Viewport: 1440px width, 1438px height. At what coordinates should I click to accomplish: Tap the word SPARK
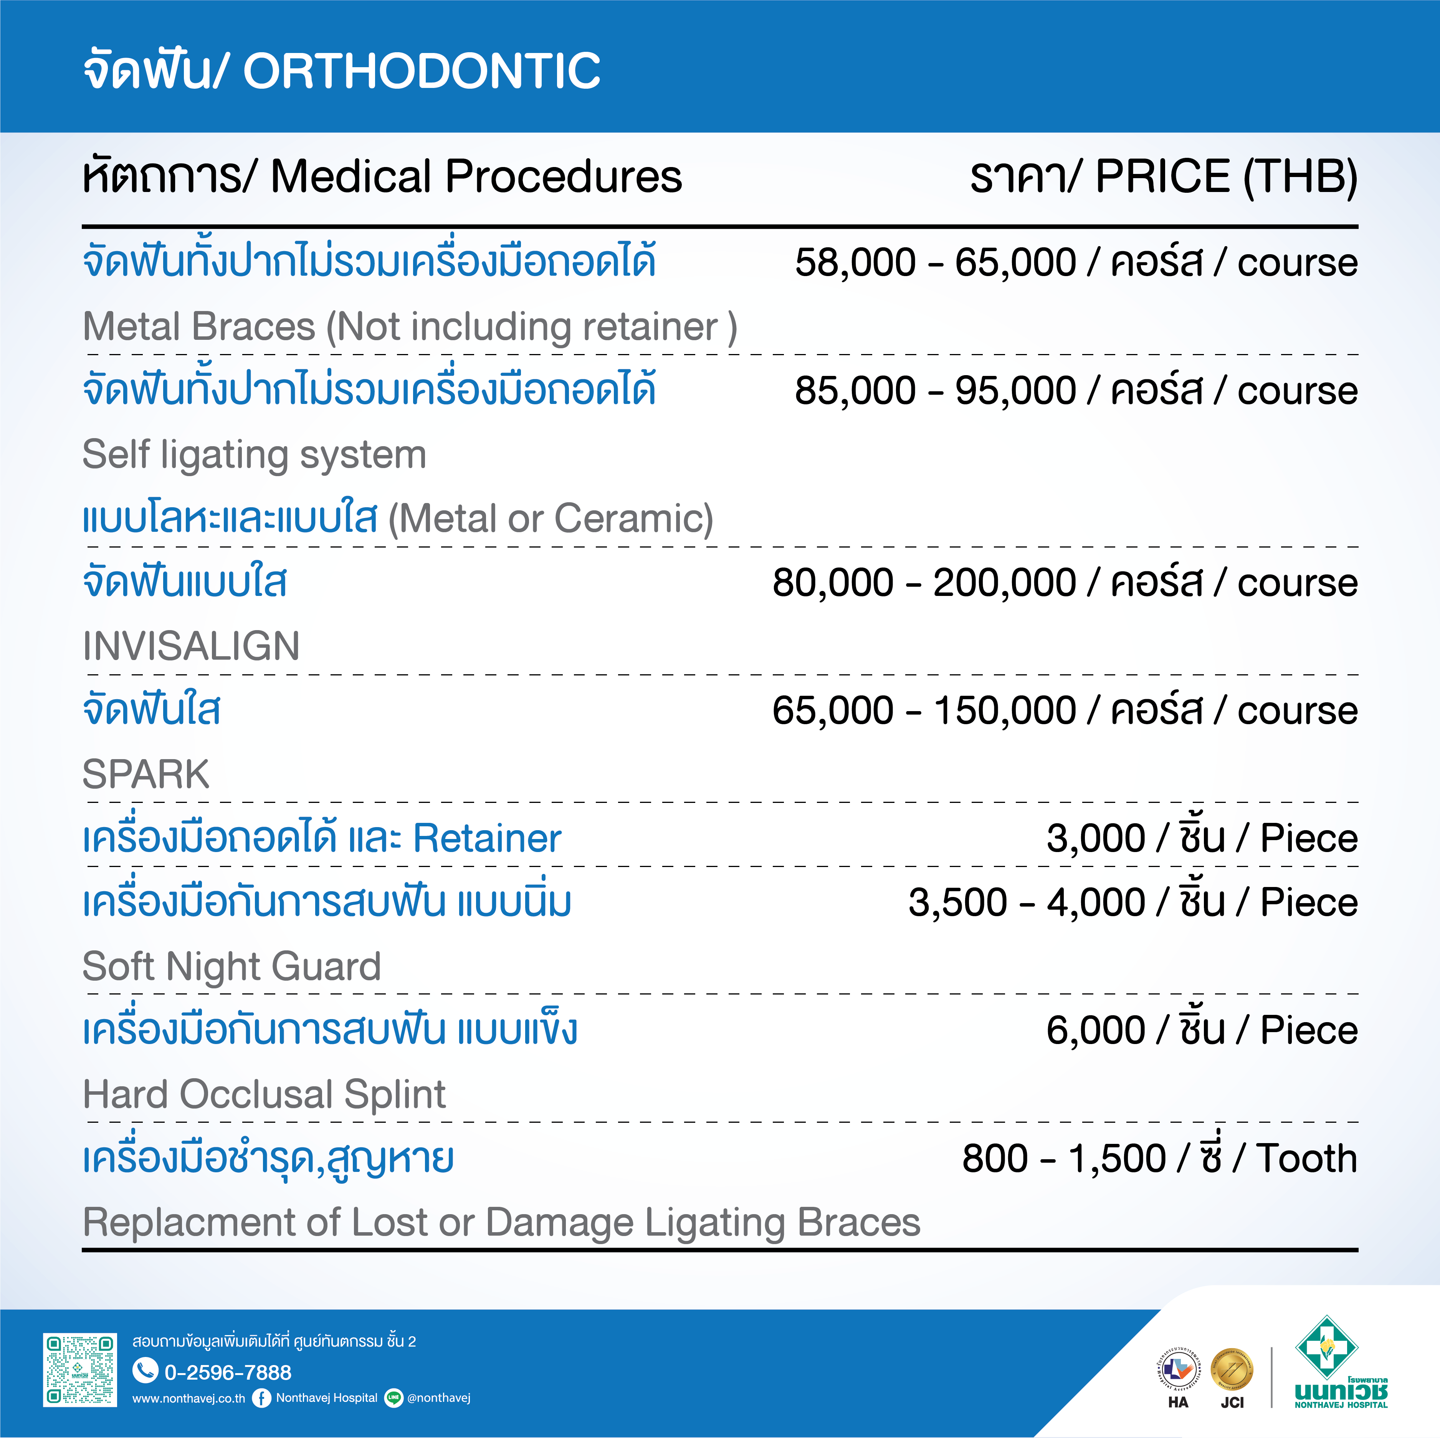pos(146,774)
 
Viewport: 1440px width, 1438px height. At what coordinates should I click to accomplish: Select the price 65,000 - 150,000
pos(924,710)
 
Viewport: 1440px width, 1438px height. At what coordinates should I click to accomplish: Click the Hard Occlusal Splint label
pos(264,1094)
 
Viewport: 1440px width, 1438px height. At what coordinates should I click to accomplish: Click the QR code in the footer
pos(80,1370)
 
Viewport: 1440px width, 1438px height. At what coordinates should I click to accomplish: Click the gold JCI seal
pos(1232,1370)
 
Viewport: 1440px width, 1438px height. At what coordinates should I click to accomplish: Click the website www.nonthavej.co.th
pos(188,1398)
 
